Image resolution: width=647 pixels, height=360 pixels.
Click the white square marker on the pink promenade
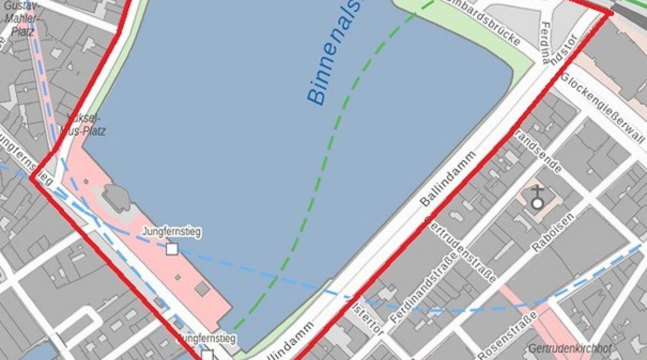click(x=172, y=249)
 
